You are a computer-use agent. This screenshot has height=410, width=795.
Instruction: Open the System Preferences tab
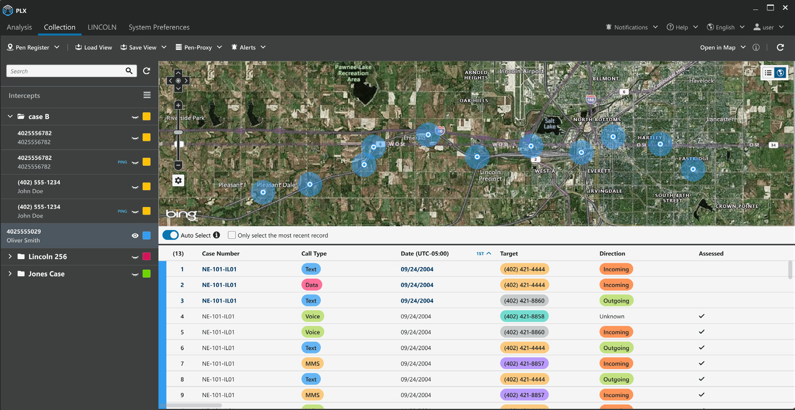[159, 27]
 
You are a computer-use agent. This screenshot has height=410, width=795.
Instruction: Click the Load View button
[94, 47]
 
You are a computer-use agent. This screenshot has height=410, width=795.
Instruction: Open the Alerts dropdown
[248, 47]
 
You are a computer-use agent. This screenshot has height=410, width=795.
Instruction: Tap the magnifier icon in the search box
[129, 71]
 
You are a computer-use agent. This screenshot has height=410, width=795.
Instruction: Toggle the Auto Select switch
[171, 235]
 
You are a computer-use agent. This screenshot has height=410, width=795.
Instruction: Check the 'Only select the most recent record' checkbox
[231, 235]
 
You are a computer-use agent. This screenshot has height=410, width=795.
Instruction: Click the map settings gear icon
[178, 181]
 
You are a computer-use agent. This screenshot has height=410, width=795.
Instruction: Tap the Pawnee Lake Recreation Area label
[353, 73]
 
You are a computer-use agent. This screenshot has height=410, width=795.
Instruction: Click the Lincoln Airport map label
[522, 71]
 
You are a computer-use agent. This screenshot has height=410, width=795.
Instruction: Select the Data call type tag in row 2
[312, 285]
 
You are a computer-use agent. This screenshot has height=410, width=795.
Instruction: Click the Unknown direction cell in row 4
[612, 316]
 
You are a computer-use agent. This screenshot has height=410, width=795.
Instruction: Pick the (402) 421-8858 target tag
[524, 316]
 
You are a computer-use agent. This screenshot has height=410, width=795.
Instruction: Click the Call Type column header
[314, 253]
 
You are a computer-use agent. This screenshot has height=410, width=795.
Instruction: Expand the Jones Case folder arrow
[10, 273]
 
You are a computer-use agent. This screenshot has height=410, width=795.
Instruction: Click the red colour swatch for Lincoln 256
[146, 256]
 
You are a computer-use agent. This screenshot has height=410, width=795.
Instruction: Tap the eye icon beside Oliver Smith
[135, 236]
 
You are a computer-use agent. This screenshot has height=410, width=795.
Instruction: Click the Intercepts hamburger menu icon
[147, 95]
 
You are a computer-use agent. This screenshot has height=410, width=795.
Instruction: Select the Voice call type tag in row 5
[312, 332]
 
